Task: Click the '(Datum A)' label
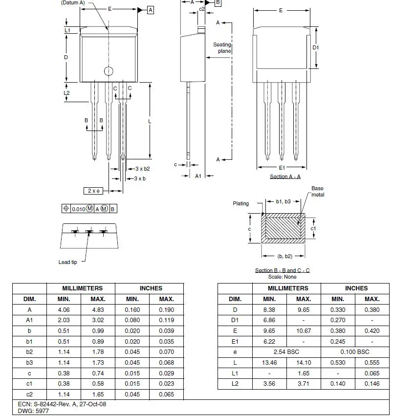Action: click(x=72, y=2)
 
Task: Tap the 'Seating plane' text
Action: click(x=222, y=48)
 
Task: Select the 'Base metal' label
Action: click(x=317, y=192)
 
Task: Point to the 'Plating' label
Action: click(x=240, y=203)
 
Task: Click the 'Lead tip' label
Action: click(x=67, y=263)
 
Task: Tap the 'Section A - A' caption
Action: click(x=285, y=176)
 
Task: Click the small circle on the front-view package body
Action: click(x=108, y=71)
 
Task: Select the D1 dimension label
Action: click(x=316, y=47)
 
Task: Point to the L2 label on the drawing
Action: click(x=67, y=92)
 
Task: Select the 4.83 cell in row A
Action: click(x=98, y=309)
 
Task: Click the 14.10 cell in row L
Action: click(x=304, y=362)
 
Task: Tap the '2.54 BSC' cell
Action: click(x=286, y=351)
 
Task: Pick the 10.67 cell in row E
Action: click(x=304, y=330)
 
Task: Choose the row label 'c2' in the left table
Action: click(x=29, y=394)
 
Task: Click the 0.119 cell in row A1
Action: click(x=167, y=320)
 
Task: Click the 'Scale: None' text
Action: click(x=283, y=277)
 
